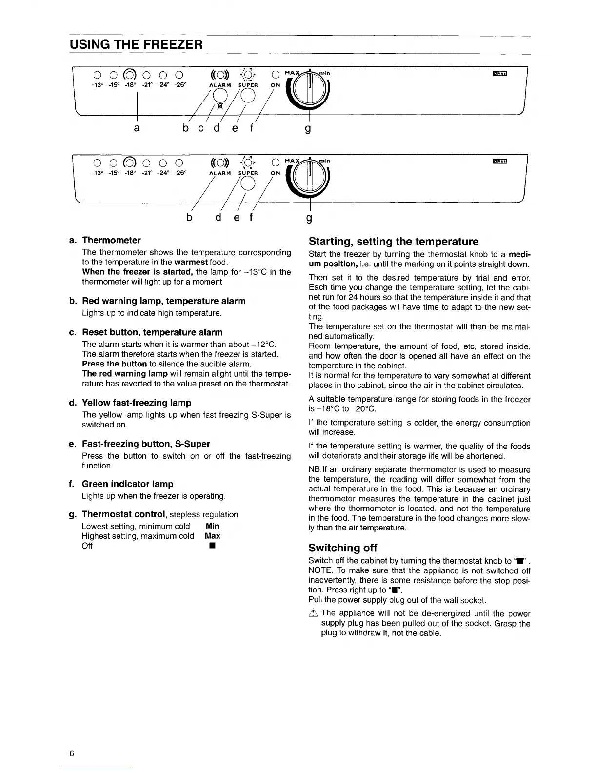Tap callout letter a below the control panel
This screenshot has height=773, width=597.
[137, 128]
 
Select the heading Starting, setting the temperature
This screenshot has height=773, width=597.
[394, 242]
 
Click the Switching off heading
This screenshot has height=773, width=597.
[343, 548]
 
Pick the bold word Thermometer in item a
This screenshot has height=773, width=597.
[111, 240]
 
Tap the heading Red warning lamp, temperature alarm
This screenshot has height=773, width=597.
[163, 301]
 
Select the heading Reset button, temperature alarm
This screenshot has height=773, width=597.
[152, 332]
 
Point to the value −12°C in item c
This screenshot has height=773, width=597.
[264, 344]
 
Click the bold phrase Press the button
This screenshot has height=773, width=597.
[115, 364]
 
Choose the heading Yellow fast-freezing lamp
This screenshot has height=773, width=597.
[137, 403]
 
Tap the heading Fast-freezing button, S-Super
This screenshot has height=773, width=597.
[146, 444]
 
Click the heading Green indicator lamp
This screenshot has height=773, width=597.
[127, 484]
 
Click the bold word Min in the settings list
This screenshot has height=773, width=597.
[213, 526]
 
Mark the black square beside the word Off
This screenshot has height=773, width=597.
[213, 546]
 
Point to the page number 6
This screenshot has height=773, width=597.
[72, 754]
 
